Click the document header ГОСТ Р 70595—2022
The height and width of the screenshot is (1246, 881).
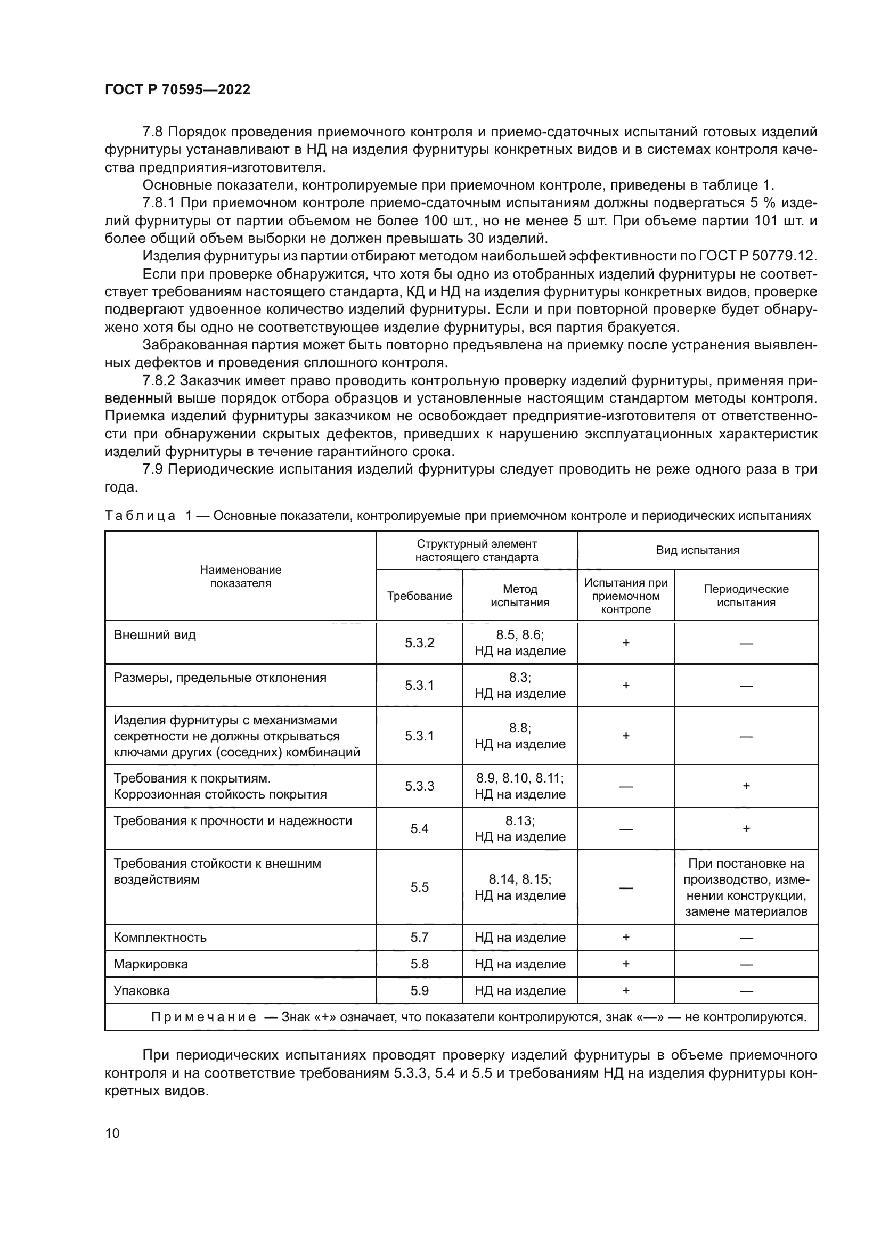coord(177,89)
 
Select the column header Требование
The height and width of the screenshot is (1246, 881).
coord(419,596)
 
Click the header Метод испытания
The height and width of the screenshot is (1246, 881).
coord(520,596)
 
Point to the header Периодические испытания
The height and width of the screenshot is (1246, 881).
coord(746,596)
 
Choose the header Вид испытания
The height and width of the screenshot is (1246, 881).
coord(697,550)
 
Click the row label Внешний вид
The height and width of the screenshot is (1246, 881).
coord(154,635)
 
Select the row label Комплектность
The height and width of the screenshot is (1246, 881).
coord(160,937)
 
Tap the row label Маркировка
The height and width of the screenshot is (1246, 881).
coord(151,964)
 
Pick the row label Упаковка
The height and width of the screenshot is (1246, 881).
coord(142,990)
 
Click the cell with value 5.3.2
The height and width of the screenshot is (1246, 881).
coord(419,643)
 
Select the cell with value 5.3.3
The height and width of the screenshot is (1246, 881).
coord(419,786)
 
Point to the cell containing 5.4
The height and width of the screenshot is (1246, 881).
coord(419,829)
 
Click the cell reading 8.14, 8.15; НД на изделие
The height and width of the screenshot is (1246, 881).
coord(520,887)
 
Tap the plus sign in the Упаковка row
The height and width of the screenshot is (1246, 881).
coord(625,990)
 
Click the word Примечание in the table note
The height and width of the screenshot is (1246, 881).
coord(203,1017)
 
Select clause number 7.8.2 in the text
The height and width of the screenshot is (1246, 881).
coord(158,381)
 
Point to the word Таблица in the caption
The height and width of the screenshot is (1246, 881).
coord(140,516)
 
